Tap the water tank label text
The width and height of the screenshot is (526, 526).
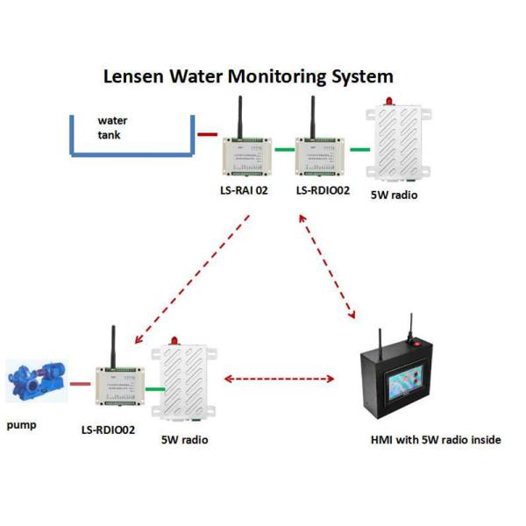click(110, 128)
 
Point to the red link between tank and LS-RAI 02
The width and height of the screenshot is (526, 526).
click(208, 135)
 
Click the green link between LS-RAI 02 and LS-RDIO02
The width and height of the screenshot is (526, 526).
click(283, 150)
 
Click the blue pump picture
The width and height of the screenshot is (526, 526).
click(34, 382)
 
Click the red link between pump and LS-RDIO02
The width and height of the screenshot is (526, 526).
click(81, 383)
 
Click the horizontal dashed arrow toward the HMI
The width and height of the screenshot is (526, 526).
click(280, 380)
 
